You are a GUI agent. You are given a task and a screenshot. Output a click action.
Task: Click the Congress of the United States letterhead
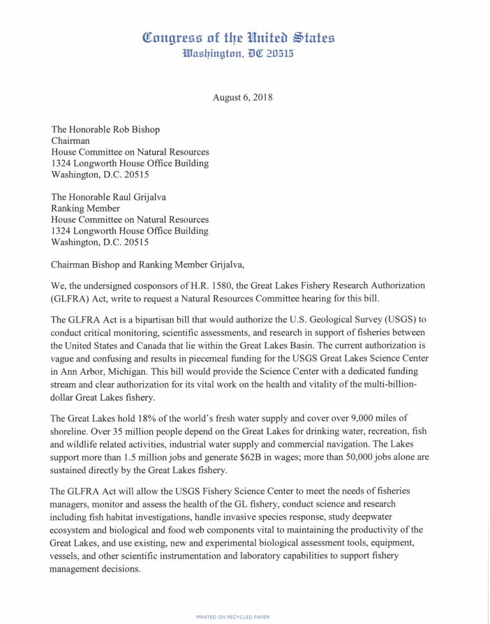tap(238, 38)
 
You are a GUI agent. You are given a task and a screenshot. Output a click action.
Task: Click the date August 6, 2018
tap(242, 98)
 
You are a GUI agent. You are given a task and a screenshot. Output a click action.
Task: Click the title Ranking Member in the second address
tap(86, 208)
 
